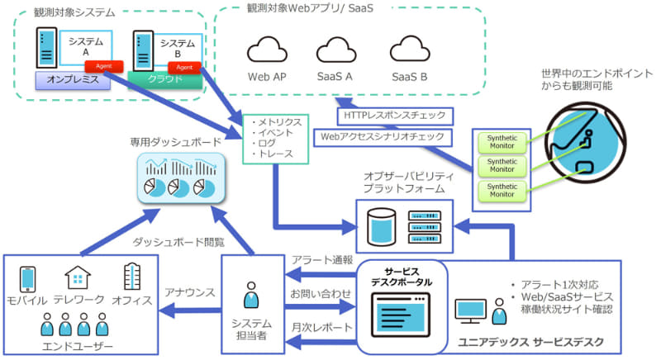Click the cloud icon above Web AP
tap(267, 50)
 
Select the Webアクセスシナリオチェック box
tap(384, 135)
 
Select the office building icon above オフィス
tap(132, 277)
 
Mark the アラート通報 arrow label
tap(321, 259)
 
